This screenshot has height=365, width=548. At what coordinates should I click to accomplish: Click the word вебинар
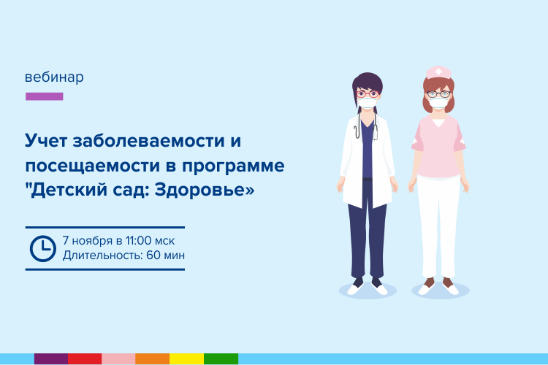[x=54, y=77]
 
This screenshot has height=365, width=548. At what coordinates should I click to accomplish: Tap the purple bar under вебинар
[x=45, y=96]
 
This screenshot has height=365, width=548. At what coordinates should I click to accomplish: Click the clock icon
[x=43, y=249]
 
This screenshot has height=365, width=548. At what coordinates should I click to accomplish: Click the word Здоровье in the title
[x=205, y=191]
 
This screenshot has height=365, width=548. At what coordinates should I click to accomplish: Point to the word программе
[x=233, y=166]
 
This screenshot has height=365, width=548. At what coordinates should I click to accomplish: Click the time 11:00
[x=138, y=241]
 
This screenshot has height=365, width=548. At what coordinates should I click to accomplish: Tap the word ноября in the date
[x=92, y=242]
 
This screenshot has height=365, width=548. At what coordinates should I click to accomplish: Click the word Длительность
[x=103, y=255]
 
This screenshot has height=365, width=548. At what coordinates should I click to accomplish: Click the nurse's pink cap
[x=438, y=72]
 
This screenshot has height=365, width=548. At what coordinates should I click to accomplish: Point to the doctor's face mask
[x=368, y=103]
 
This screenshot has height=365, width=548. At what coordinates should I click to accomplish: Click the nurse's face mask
[x=438, y=103]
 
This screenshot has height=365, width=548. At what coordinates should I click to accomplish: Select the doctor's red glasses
[x=368, y=94]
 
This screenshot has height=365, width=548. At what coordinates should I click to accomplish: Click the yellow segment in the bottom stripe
[x=186, y=358]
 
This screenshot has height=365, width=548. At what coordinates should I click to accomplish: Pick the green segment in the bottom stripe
[x=221, y=358]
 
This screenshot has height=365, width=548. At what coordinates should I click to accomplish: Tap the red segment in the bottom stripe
[x=85, y=358]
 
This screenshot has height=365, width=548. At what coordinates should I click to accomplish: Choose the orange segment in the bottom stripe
[x=153, y=358]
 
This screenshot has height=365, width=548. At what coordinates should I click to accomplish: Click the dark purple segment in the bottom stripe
[x=51, y=358]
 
